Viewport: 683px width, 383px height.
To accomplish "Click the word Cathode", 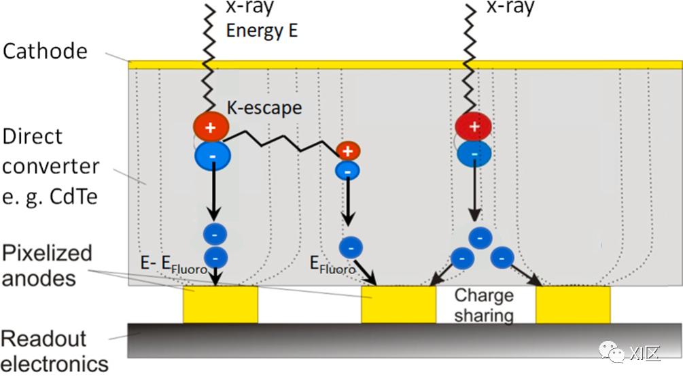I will coord(46,51).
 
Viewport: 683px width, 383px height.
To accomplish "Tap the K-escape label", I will coord(264,107).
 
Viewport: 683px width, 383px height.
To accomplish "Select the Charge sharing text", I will coord(484,305).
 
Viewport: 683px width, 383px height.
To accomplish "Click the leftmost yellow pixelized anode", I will coord(220,304).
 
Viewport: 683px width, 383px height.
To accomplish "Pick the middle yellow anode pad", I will coord(398,304).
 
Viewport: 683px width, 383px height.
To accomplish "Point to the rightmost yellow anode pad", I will coord(573,304).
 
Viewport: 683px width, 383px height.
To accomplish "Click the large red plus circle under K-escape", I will coord(210,127).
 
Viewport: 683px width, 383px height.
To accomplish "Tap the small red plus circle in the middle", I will coord(347,150).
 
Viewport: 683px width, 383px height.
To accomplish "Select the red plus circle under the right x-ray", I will coord(474,127).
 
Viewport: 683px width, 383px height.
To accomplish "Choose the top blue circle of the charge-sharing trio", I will coord(480,237).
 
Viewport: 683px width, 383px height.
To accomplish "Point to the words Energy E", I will coord(262,31).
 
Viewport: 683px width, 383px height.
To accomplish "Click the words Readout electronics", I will coord(54,350).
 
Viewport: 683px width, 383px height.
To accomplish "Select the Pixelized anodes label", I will coord(47,265).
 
